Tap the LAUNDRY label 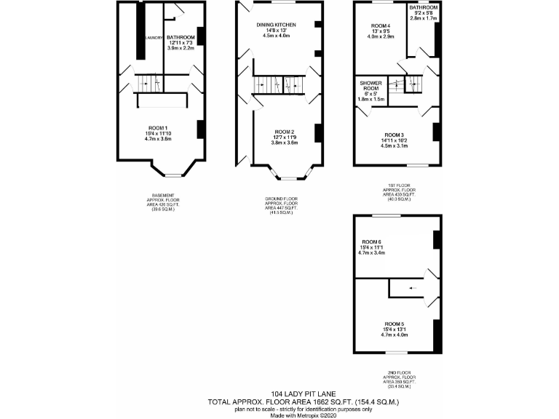154,37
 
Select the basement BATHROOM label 181,37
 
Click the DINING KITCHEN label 276,25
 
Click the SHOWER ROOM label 370,87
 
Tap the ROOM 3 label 394,135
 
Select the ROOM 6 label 373,242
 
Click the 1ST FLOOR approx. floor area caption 398,193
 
